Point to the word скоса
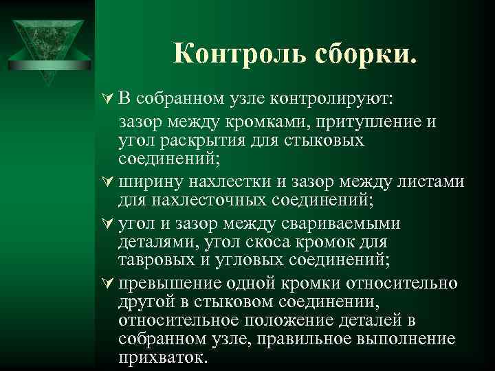tap(285, 243)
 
